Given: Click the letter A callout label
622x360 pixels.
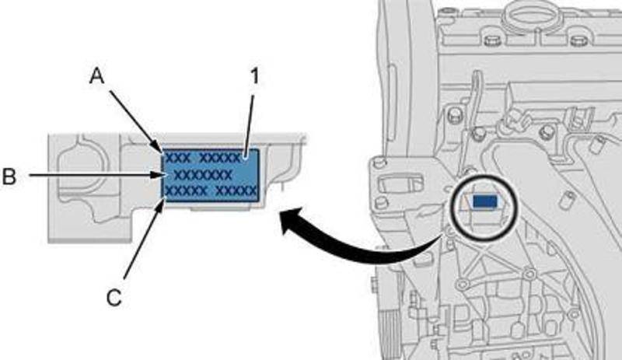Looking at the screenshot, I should (x=96, y=75).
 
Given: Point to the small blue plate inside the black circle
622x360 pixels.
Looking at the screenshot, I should (x=484, y=201).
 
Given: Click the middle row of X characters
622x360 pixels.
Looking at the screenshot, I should (x=203, y=174).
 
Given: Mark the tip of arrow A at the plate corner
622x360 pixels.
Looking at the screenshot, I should (x=162, y=149).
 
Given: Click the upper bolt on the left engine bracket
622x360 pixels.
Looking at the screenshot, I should (x=380, y=165).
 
